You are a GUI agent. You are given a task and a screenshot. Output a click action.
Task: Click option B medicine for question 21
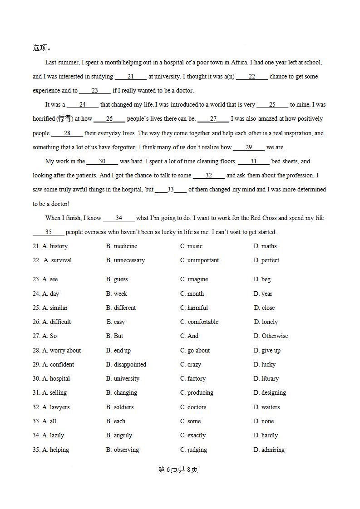tap(122, 246)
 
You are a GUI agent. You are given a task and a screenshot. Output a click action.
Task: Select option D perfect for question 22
tap(266, 260)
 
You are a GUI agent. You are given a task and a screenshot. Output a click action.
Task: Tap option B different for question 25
tap(121, 308)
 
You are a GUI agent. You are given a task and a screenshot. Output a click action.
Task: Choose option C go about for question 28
tap(195, 350)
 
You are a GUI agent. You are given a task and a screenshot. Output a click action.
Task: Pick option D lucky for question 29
tap(265, 364)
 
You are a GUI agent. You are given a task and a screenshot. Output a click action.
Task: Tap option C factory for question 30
tap(193, 378)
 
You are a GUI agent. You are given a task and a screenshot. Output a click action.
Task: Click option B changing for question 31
tap(122, 392)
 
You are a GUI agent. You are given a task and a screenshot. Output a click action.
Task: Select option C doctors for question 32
tap(193, 407)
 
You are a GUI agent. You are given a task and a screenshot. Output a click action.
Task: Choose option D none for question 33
tap(264, 421)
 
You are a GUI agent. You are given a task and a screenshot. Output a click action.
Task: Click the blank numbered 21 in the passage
tap(131, 77)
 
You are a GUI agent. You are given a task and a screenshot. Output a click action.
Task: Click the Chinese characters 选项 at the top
tap(40, 48)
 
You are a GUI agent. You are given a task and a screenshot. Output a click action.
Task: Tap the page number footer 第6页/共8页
tap(178, 470)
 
